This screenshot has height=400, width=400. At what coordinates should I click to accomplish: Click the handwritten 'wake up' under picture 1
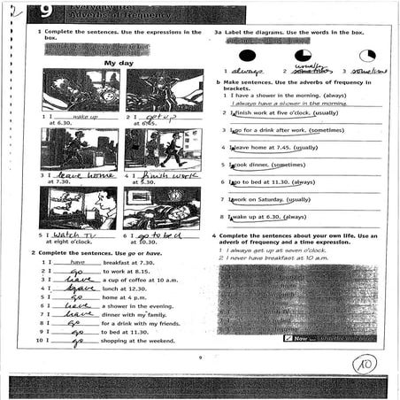[83, 117]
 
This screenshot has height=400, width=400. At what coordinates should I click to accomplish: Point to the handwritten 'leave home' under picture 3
[84, 176]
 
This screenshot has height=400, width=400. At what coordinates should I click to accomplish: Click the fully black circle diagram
[245, 55]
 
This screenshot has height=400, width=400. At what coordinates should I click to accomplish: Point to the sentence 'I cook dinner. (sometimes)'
[266, 165]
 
